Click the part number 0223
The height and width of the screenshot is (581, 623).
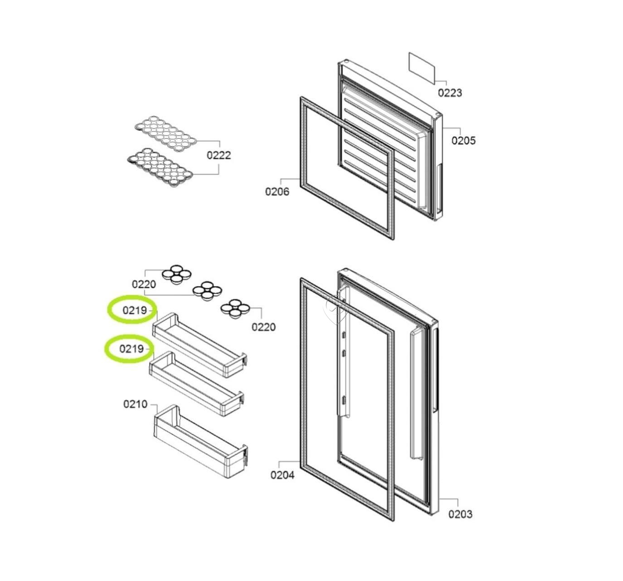tap(450, 93)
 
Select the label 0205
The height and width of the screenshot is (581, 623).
tap(463, 140)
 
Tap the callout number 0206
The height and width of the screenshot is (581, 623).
tap(277, 191)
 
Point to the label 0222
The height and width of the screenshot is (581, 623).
tap(219, 155)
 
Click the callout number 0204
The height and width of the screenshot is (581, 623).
tap(282, 475)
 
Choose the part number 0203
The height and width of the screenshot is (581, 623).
tap(460, 514)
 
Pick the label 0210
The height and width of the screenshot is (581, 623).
tap(135, 404)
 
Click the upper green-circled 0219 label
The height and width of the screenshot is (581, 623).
tap(135, 310)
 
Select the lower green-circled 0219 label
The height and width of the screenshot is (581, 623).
tap(131, 349)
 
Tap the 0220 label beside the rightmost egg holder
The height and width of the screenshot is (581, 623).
tap(263, 327)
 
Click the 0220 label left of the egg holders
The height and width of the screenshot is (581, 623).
tap(144, 284)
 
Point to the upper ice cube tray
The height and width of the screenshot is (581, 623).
tap(166, 133)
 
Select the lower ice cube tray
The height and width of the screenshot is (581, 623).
tap(160, 167)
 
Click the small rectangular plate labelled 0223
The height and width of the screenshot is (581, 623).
tap(422, 68)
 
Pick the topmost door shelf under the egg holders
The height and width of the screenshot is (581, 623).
tap(200, 345)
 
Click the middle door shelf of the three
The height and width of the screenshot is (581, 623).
tap(197, 384)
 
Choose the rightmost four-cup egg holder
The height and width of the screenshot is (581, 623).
tap(235, 309)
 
